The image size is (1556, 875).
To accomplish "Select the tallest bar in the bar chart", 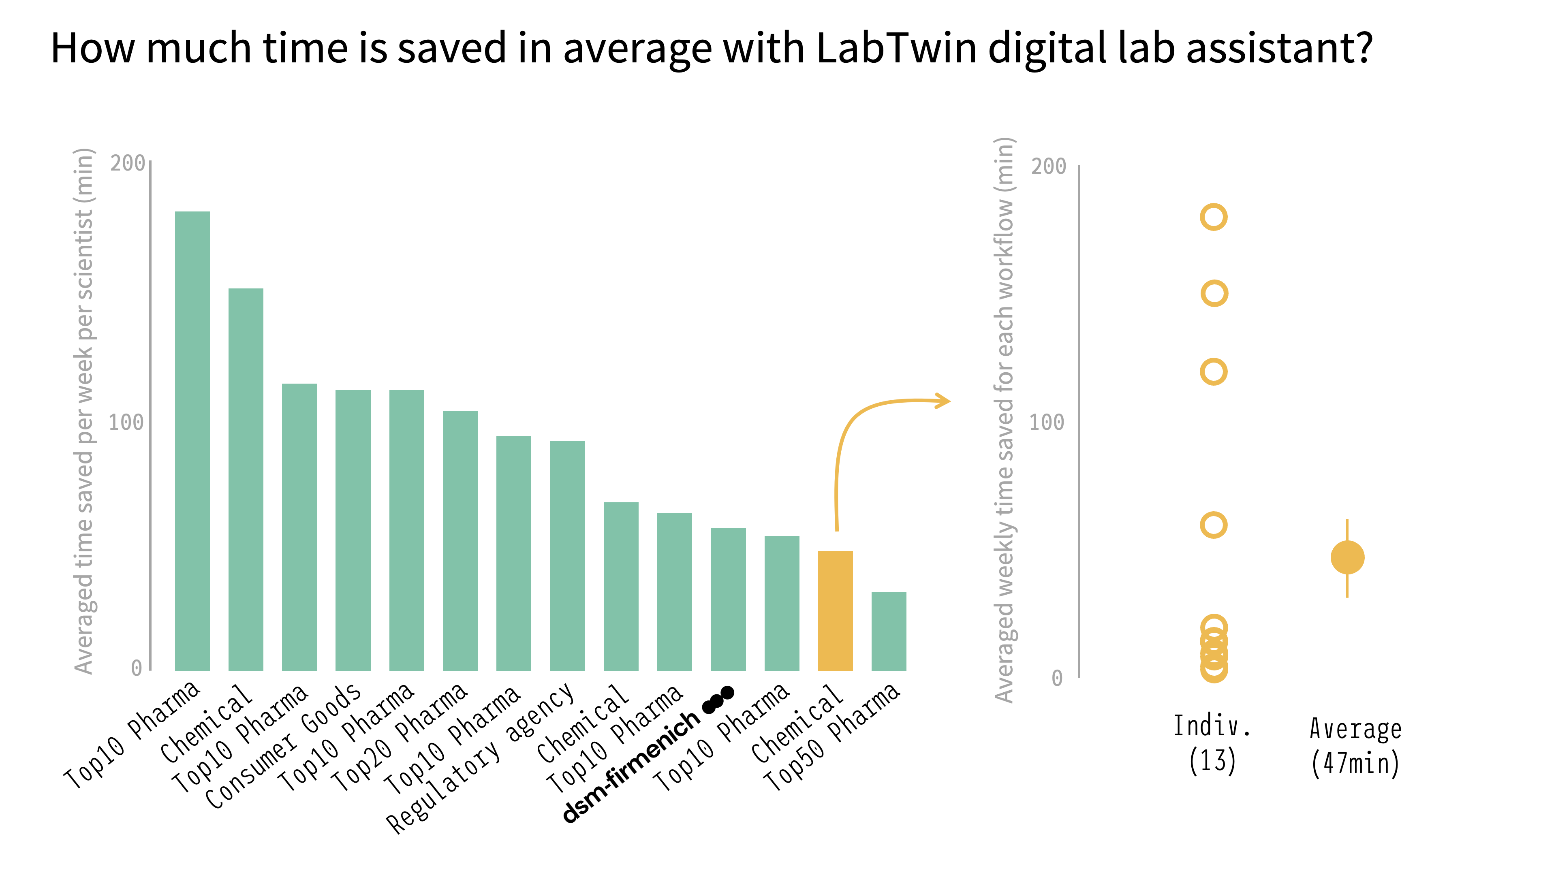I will click(x=192, y=441).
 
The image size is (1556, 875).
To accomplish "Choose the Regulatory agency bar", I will click(x=567, y=555).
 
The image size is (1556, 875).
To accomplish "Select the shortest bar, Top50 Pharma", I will click(x=889, y=631).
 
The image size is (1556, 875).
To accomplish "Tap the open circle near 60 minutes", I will click(x=1214, y=525).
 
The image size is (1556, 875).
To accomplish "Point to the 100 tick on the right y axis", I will click(x=1047, y=422).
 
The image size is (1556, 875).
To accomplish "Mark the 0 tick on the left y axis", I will click(x=137, y=668).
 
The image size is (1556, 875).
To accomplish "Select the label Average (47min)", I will click(x=1355, y=746).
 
